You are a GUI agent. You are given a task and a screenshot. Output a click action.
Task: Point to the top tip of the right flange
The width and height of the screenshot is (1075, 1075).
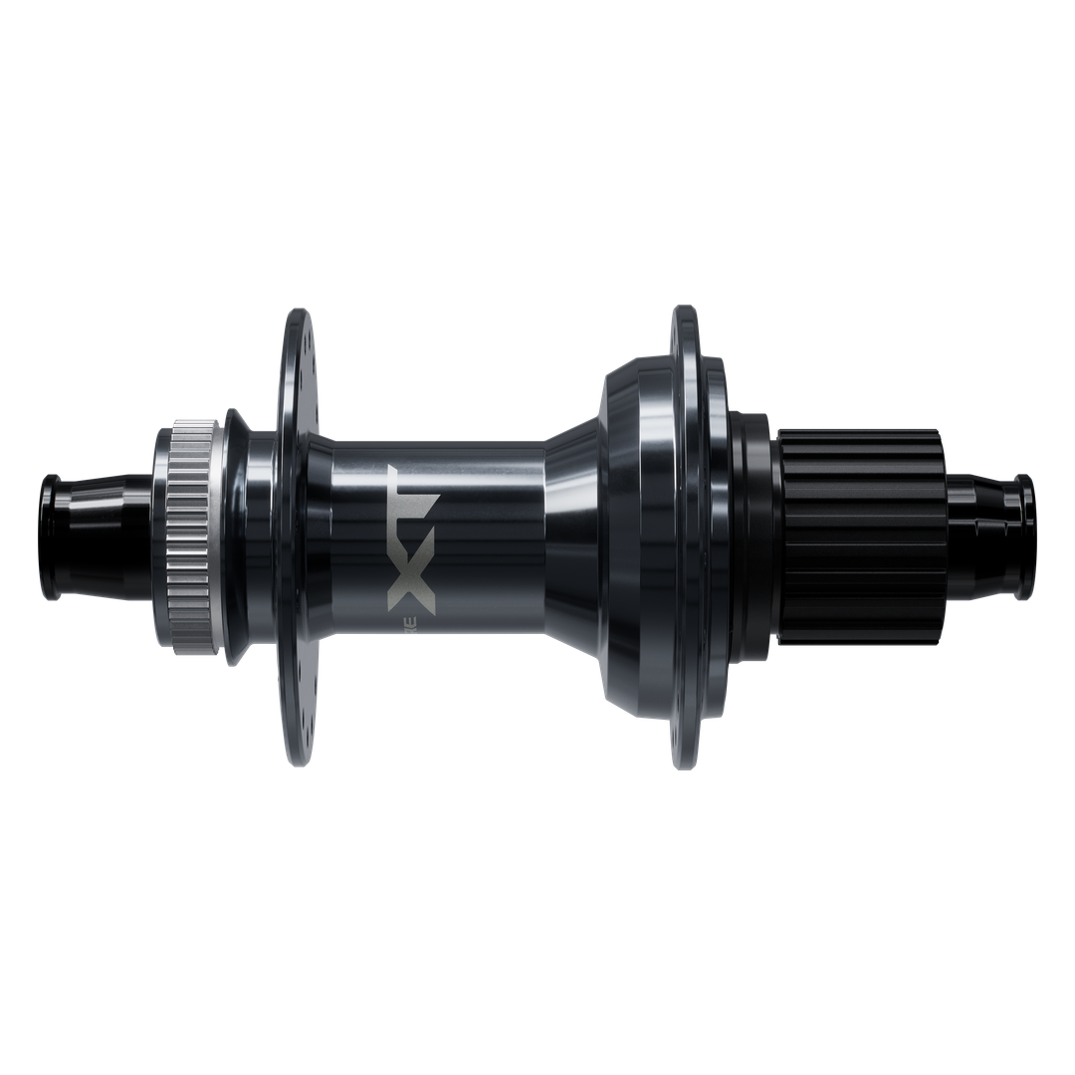click(684, 311)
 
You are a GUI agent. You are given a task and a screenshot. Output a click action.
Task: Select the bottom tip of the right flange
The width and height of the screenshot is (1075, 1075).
click(684, 764)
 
